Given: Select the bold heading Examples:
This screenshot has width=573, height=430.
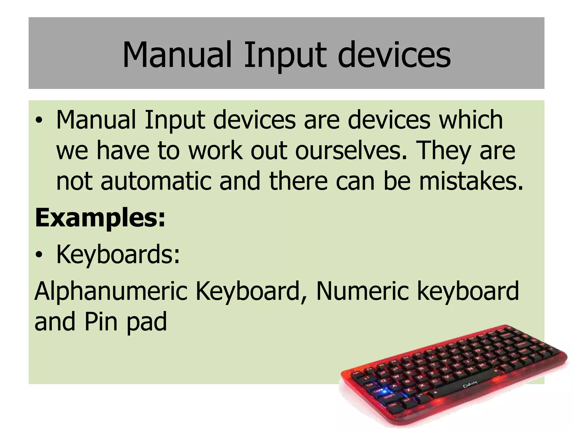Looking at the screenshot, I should click(x=100, y=219).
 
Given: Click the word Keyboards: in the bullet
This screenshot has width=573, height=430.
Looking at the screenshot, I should click(x=118, y=254).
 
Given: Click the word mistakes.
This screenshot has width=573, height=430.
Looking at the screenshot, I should click(x=471, y=181).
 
